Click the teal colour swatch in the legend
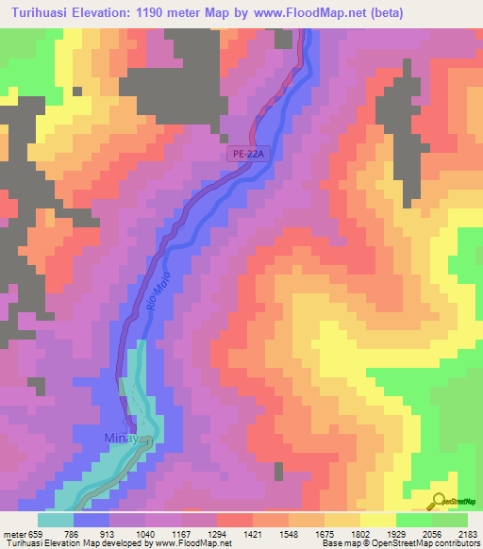pos(55,520)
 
